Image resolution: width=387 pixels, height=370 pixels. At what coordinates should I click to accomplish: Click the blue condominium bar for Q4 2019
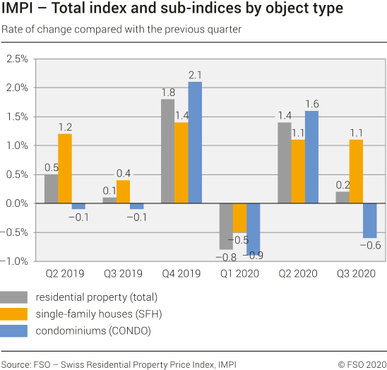click(195, 143)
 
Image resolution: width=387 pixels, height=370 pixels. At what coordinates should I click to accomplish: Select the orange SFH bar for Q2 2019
click(64, 168)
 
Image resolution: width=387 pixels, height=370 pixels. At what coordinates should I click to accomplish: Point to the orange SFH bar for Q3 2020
click(356, 171)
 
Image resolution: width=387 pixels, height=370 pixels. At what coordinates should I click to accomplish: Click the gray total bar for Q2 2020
click(284, 162)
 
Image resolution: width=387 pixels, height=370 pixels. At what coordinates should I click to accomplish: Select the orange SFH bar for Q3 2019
click(123, 191)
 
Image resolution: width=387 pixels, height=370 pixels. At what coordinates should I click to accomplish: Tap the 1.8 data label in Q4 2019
click(168, 92)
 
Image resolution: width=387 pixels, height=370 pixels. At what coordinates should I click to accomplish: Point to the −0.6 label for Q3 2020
click(371, 244)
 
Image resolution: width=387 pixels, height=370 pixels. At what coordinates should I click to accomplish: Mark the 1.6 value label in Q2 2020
click(311, 104)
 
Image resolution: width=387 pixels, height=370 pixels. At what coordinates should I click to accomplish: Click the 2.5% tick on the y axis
click(16, 59)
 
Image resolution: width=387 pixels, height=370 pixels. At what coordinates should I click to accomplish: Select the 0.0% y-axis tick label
click(16, 203)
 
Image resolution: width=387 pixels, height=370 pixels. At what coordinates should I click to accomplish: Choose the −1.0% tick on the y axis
click(15, 261)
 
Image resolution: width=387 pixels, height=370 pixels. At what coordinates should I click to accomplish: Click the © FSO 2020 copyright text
click(361, 364)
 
